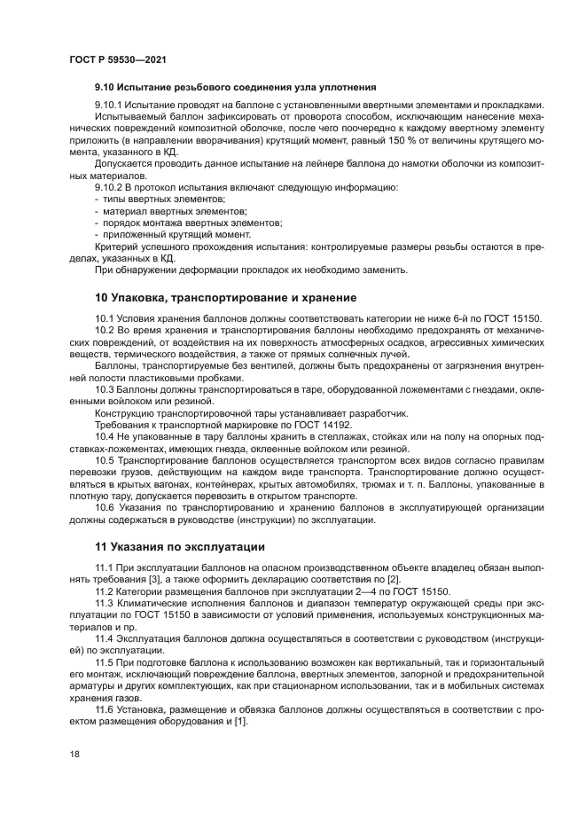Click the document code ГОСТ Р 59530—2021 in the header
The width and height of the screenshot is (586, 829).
[118, 59]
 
